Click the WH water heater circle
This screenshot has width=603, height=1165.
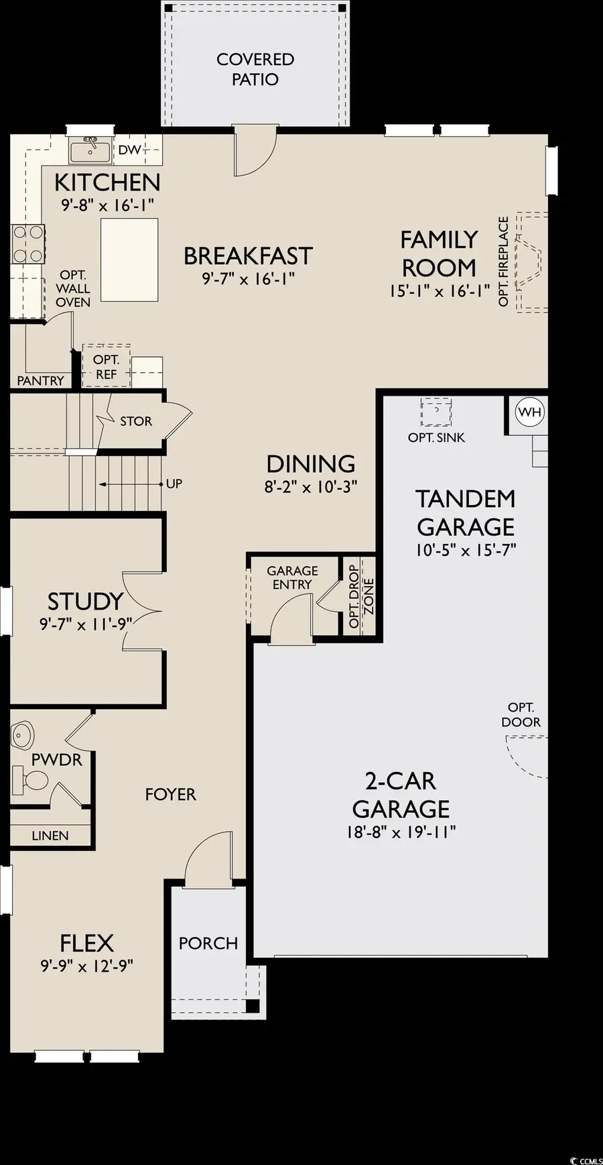[x=529, y=412]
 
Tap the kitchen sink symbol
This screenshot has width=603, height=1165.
[x=90, y=150]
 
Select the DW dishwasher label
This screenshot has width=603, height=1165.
[x=131, y=150]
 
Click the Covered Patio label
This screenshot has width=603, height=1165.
[x=255, y=69]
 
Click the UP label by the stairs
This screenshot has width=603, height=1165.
[x=174, y=484]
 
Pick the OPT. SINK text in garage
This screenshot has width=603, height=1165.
[x=436, y=437]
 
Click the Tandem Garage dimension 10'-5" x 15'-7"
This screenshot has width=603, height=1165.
[x=466, y=550]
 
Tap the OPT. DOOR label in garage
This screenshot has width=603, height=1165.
[x=521, y=715]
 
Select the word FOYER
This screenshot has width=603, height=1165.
[x=170, y=795]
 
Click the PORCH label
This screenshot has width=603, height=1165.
[x=208, y=943]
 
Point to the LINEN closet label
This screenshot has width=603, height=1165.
[x=50, y=836]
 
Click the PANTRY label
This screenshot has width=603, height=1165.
[x=40, y=380]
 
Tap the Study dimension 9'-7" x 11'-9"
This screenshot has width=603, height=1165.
[x=86, y=624]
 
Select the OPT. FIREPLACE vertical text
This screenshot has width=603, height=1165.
[x=504, y=261]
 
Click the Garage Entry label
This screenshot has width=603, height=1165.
[x=292, y=577]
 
